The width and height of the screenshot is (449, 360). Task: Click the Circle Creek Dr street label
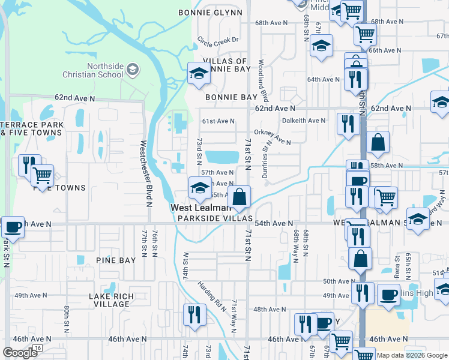pyautogui.click(x=218, y=41)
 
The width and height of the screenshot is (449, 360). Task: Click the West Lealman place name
pyautogui.click(x=200, y=208)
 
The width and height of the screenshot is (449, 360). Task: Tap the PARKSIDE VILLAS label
pyautogui.click(x=204, y=218)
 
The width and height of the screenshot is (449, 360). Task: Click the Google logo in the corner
pyautogui.click(x=20, y=353)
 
